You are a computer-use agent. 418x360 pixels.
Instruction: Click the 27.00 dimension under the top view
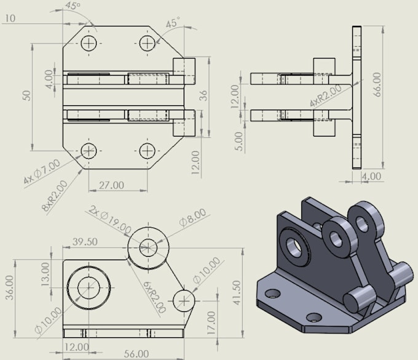(x=112, y=185)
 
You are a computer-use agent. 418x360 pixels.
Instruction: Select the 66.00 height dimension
(x=376, y=84)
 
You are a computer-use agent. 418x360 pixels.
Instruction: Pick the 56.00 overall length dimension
(x=135, y=353)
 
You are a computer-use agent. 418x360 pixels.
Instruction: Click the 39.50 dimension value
(x=84, y=242)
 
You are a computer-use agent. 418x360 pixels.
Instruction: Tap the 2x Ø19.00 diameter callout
(x=110, y=219)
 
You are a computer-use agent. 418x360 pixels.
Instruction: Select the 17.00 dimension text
(x=211, y=321)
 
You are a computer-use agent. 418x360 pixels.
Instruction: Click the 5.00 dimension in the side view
(x=239, y=140)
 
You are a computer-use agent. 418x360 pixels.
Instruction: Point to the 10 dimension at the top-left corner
(x=9, y=18)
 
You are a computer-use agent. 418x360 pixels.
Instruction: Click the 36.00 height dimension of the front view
(x=8, y=287)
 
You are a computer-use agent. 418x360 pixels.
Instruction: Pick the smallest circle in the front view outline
(x=184, y=300)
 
